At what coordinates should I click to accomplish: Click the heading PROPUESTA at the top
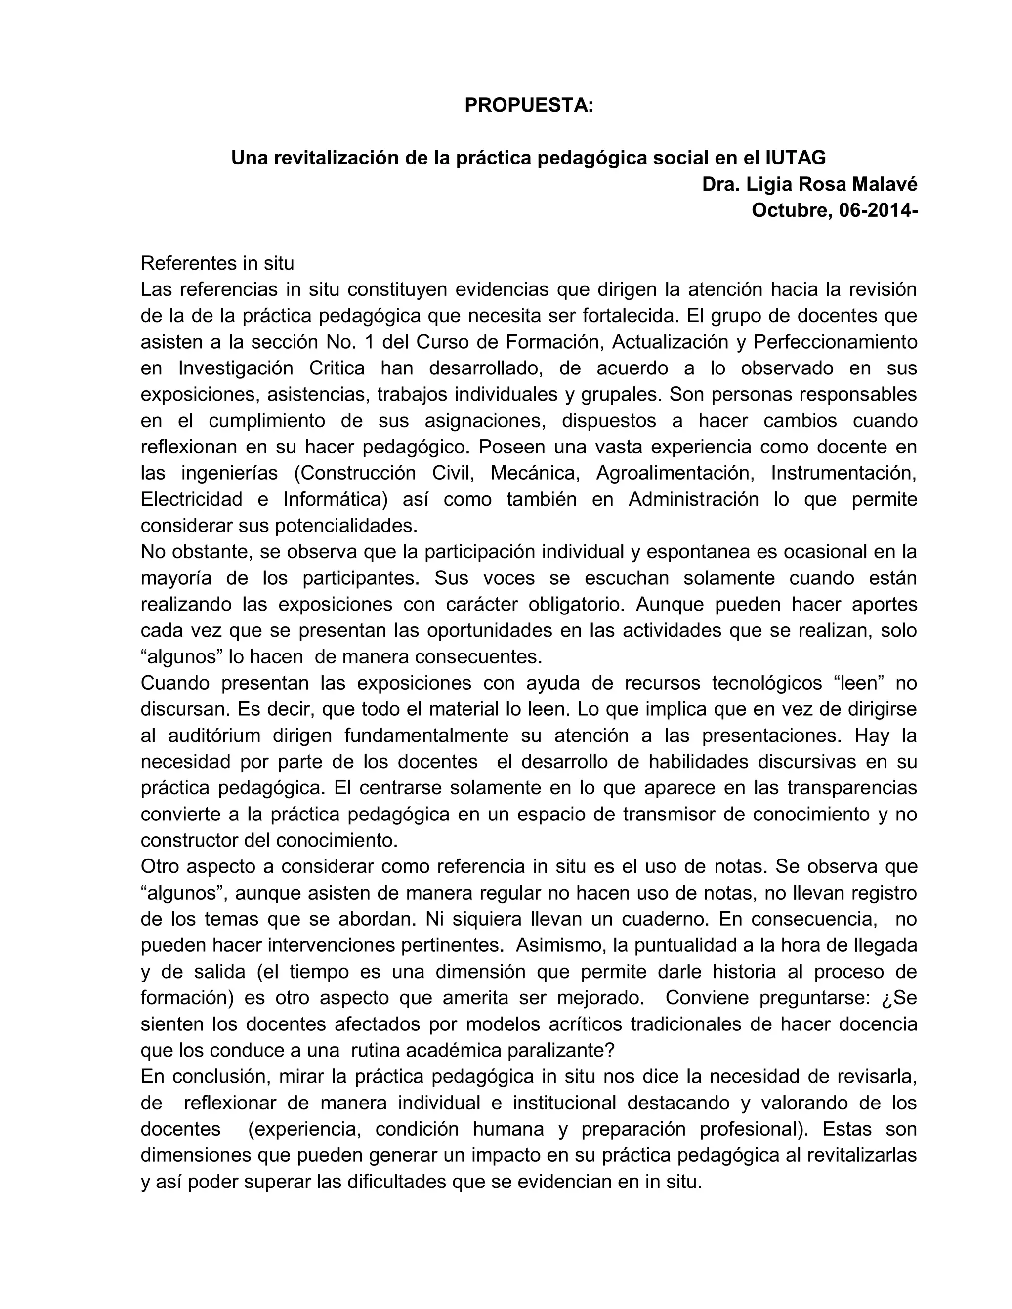[528, 106]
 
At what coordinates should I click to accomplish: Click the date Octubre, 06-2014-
[835, 210]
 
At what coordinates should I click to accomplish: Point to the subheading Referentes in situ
[217, 263]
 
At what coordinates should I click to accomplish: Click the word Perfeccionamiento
[835, 342]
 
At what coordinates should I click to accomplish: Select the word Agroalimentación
[675, 473]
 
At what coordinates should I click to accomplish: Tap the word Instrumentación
[843, 473]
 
